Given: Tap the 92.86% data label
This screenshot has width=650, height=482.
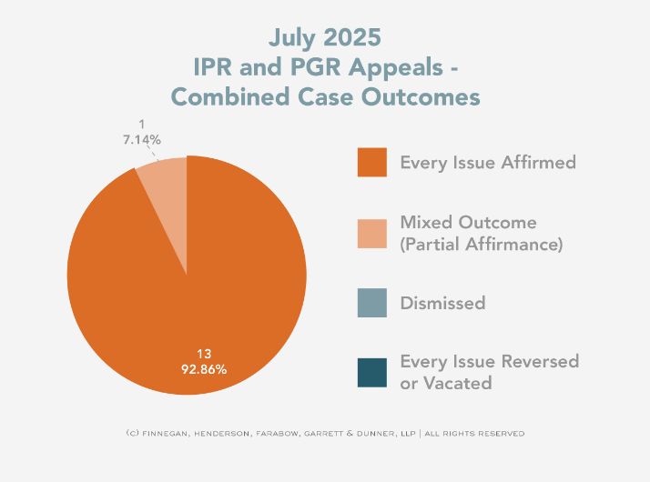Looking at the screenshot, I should (203, 370).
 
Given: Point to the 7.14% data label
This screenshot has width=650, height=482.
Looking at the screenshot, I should (142, 140).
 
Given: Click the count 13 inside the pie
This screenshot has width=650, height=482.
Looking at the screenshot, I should (203, 354).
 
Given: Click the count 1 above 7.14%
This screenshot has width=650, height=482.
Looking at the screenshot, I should (142, 125).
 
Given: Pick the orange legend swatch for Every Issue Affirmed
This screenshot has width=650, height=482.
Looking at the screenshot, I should (371, 163).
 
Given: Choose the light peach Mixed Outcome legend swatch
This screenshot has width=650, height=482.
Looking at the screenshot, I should (371, 233).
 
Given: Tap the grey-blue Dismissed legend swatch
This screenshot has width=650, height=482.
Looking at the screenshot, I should (371, 303).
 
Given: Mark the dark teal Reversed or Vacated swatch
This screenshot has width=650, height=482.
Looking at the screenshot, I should (371, 373).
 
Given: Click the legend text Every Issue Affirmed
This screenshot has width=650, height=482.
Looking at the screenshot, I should (488, 163).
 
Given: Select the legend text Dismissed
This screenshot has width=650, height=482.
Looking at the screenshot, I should (442, 303).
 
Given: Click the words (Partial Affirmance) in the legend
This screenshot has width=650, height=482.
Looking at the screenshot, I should (482, 245).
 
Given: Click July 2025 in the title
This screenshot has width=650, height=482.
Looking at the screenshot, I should (325, 38).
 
